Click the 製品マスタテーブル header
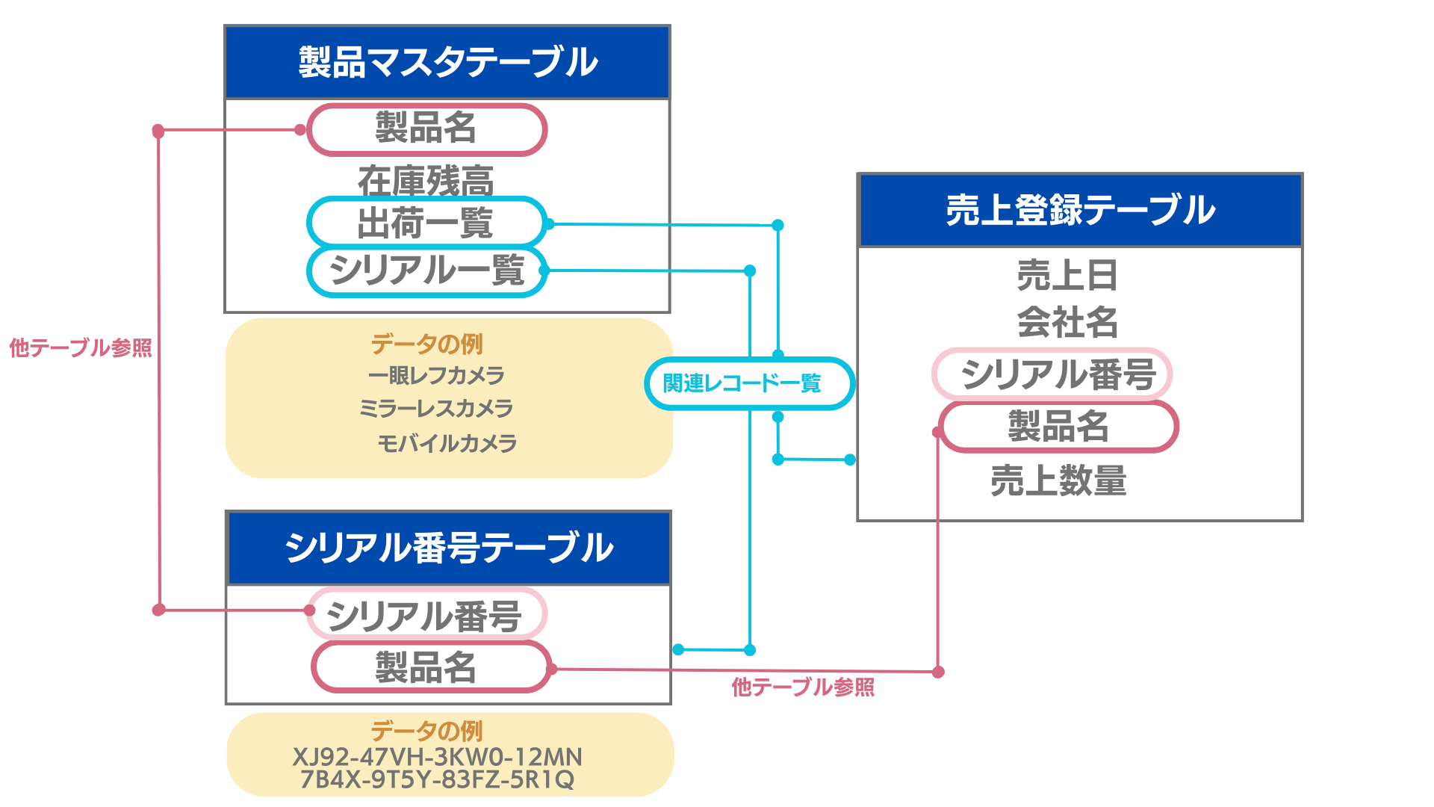pyautogui.click(x=447, y=62)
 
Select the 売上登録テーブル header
pyautogui.click(x=1080, y=210)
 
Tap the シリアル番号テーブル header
pyautogui.click(x=448, y=548)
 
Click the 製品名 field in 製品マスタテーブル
pyautogui.click(x=426, y=129)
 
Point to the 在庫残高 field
pyautogui.click(x=426, y=180)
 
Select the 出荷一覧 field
pyautogui.click(x=426, y=223)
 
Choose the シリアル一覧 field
pyautogui.click(x=426, y=270)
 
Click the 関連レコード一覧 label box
pyautogui.click(x=748, y=383)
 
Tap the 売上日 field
pyautogui.click(x=1067, y=275)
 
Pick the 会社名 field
pyautogui.click(x=1067, y=322)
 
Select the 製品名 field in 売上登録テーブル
pyautogui.click(x=1058, y=427)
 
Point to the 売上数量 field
pyautogui.click(x=1058, y=480)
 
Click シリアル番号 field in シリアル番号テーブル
pyautogui.click(x=426, y=614)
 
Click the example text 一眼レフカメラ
pyautogui.click(x=436, y=375)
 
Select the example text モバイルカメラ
pyautogui.click(x=447, y=443)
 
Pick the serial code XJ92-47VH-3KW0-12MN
pyautogui.click(x=437, y=757)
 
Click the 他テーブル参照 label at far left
pyautogui.click(x=80, y=347)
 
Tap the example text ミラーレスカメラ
pyautogui.click(x=436, y=408)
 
